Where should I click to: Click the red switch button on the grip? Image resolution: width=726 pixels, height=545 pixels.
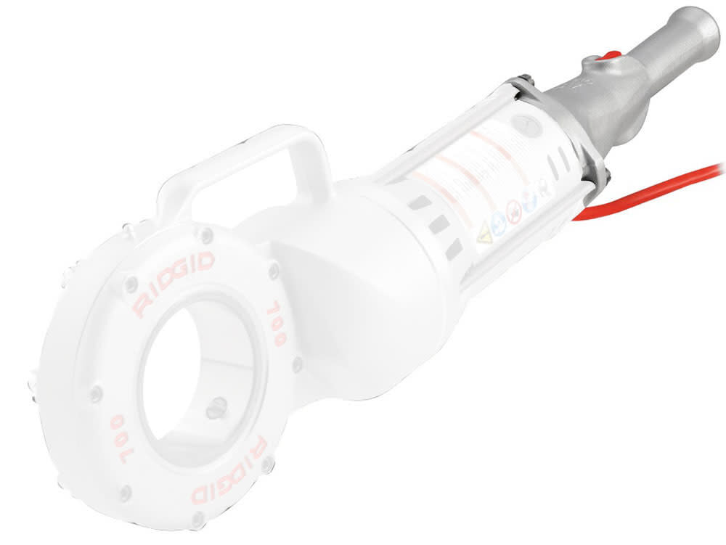coord(612,55)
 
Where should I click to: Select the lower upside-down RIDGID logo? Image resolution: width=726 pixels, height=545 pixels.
coord(227,471)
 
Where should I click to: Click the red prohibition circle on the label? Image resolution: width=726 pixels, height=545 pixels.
coord(514,216)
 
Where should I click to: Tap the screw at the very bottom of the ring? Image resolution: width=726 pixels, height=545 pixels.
coord(197,518)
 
